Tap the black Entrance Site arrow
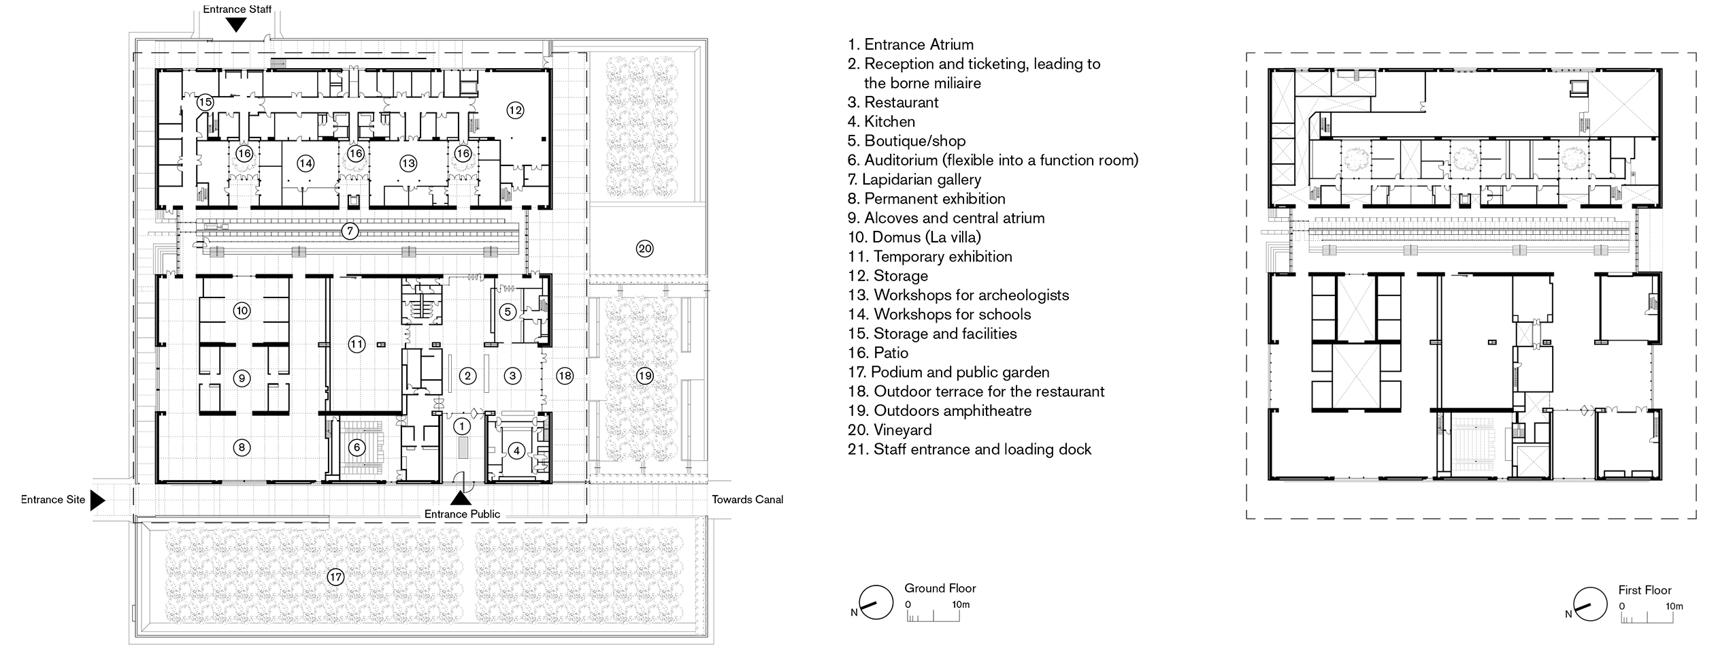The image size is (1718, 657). point(98,500)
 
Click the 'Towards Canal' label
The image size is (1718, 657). point(747,500)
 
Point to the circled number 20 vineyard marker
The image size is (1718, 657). point(644,249)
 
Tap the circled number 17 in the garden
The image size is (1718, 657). point(335,577)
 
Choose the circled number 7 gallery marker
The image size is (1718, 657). point(350,231)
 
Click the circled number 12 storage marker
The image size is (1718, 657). point(515,110)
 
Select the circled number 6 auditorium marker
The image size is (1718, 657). point(357,447)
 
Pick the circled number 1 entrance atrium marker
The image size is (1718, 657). point(461,426)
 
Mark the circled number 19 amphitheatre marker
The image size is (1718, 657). point(644,376)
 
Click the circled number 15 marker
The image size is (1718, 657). point(205,103)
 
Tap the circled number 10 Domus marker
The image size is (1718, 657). point(242,311)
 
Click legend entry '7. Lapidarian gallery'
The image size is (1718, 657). point(914,180)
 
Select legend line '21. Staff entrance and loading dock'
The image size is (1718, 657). point(970,449)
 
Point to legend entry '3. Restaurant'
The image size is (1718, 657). point(893,102)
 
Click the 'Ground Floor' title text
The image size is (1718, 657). point(940,588)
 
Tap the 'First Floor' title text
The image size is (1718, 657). point(1645,590)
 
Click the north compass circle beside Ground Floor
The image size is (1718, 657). point(876,603)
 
